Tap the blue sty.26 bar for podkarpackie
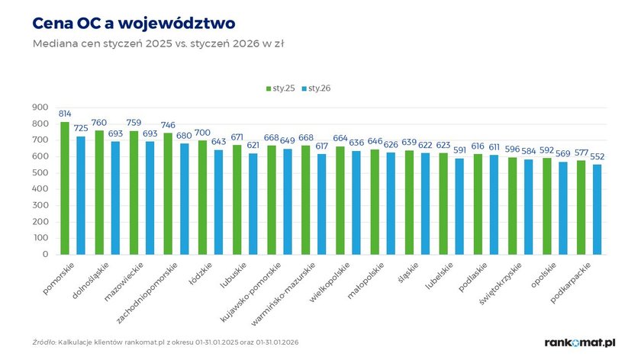[598, 209]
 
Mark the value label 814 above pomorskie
[65, 113]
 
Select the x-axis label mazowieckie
[126, 281]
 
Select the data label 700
[202, 132]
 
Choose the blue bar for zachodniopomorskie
[184, 198]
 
